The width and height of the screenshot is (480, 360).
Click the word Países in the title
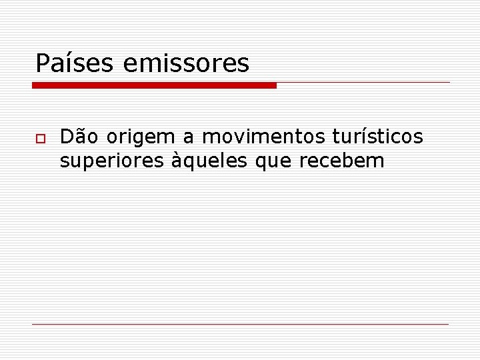click(x=75, y=63)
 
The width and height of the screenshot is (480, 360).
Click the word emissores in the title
click(x=186, y=63)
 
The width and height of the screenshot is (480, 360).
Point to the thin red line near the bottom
click(x=240, y=324)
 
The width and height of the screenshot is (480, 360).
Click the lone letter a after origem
click(x=189, y=138)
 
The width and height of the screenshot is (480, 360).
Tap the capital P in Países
click(x=43, y=63)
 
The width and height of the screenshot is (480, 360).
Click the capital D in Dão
click(x=67, y=137)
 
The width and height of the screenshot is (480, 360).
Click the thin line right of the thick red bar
click(x=363, y=83)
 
